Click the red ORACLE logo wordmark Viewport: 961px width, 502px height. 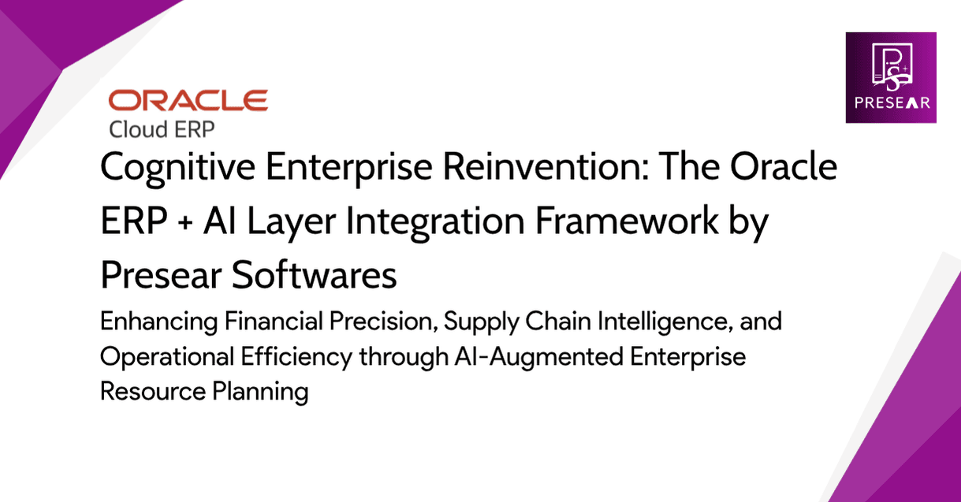point(188,100)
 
